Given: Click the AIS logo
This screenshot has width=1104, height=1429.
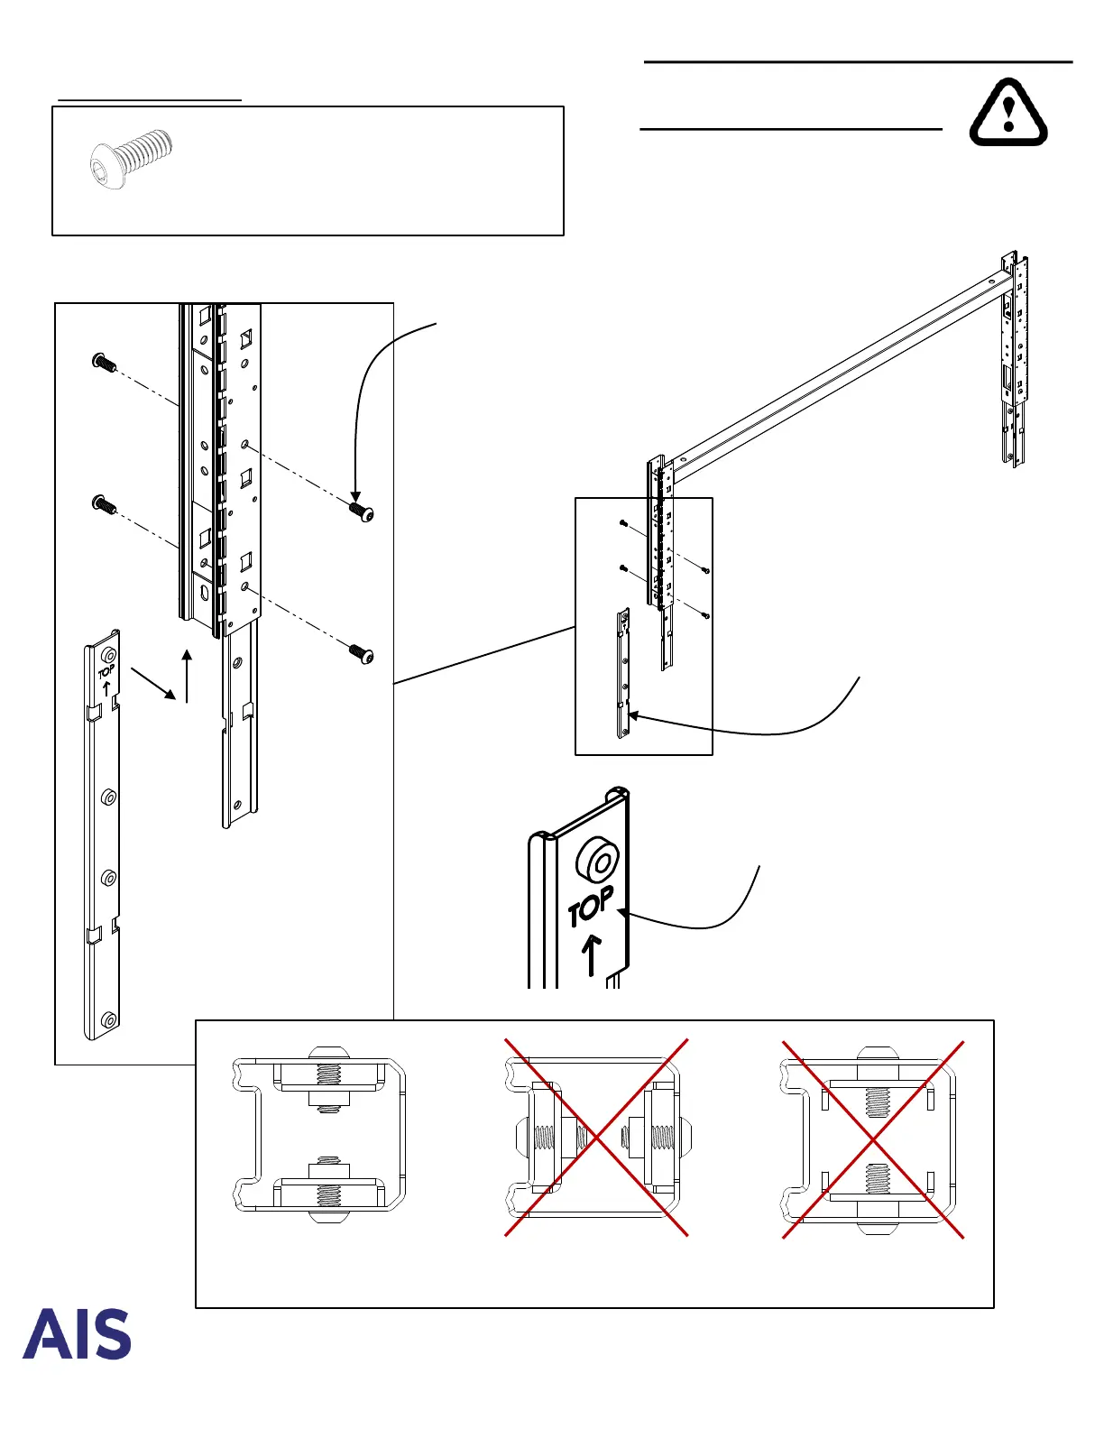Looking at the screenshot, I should pos(77,1334).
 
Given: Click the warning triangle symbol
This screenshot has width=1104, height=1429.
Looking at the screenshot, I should pos(1008,114).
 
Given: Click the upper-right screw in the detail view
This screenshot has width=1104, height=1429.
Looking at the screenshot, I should pos(361,512).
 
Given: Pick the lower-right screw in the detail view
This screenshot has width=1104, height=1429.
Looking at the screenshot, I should pos(361,653).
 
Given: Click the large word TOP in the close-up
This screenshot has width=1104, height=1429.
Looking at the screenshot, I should pos(591,906).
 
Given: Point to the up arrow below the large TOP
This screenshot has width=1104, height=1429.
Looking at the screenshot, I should pos(591,955).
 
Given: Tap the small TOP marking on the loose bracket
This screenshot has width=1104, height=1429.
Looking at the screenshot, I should pos(106,671).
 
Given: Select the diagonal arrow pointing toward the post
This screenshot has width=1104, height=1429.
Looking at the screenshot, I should pos(153,683).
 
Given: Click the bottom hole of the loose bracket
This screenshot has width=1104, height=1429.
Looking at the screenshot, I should pos(109,1020).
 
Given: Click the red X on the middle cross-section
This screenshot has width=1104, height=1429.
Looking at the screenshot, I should pos(596,1138).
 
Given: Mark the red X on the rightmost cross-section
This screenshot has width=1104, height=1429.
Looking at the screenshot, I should pos(873,1139).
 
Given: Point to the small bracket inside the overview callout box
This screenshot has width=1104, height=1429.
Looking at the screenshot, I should pos(623,672).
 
